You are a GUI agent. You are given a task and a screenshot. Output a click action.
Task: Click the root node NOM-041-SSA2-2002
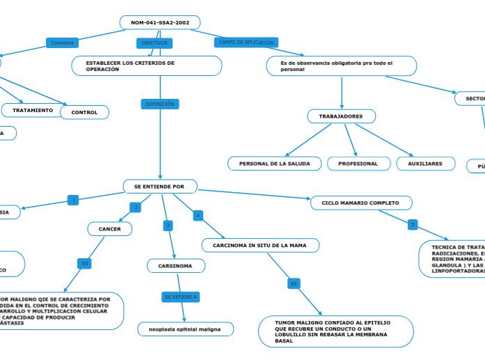[x=160, y=23]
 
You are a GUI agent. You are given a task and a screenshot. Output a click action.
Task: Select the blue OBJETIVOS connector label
[x=154, y=43]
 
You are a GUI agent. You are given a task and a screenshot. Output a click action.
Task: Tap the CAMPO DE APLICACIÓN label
[x=246, y=42]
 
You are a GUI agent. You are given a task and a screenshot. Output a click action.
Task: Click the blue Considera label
[x=63, y=43]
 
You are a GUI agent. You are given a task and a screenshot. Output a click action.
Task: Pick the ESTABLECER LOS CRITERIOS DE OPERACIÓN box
[x=147, y=66]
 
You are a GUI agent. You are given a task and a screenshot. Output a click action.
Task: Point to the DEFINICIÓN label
[x=160, y=104]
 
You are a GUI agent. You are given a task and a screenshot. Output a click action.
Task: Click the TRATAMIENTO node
[x=33, y=110]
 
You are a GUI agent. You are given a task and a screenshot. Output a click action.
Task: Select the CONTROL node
[x=85, y=112]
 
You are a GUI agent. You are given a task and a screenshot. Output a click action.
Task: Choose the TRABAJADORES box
[x=341, y=116]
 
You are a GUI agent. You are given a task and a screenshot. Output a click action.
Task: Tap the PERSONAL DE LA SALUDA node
[x=275, y=164]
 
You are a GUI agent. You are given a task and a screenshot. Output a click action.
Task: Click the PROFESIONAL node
[x=358, y=164]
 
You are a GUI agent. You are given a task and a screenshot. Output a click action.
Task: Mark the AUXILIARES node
[x=425, y=164]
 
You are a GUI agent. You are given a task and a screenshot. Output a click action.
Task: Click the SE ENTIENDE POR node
[x=160, y=187]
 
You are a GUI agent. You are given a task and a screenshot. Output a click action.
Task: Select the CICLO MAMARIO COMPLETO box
[x=361, y=203]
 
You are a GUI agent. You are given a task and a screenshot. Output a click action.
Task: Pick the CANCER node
[x=110, y=229]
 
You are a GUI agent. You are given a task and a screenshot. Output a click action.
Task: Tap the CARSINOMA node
[x=176, y=266]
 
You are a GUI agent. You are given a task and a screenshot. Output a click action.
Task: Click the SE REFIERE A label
[x=181, y=297]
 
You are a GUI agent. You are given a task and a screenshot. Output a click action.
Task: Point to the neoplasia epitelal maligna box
[x=186, y=329]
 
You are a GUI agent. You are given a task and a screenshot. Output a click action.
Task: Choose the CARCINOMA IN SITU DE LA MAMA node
[x=260, y=246]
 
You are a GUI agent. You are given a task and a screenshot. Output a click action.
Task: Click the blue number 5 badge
[x=413, y=225]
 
